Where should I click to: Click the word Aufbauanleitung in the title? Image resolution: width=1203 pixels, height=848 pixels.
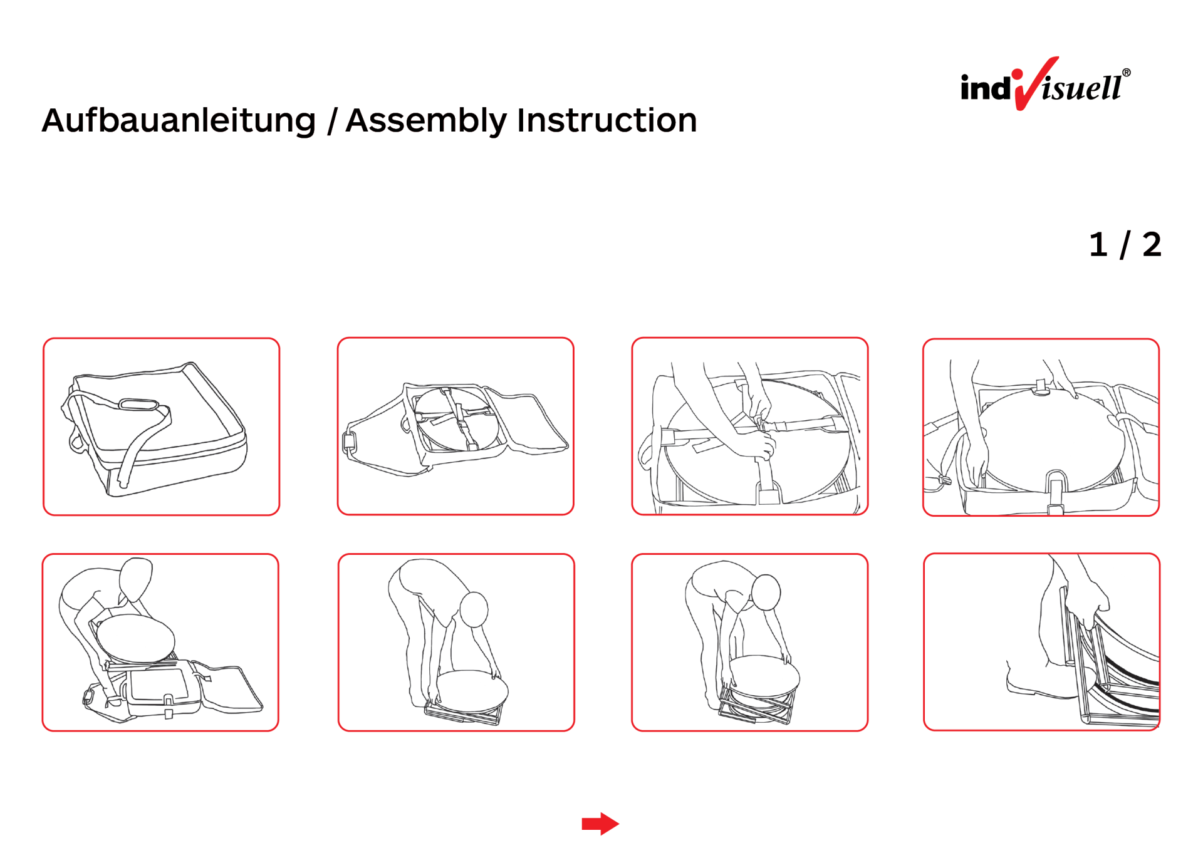[179, 121]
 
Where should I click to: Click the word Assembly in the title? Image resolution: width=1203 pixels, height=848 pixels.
[425, 121]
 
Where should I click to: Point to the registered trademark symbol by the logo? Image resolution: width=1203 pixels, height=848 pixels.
[1126, 73]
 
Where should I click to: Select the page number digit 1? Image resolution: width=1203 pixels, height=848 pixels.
[1098, 244]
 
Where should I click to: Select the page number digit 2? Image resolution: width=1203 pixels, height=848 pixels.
[1152, 244]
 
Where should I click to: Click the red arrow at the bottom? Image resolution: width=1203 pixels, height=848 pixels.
[600, 824]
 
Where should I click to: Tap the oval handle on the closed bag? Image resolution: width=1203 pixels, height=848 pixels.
[138, 404]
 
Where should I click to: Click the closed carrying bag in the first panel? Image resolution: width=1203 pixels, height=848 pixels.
[155, 430]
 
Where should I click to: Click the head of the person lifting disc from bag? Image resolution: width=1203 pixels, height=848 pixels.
[135, 579]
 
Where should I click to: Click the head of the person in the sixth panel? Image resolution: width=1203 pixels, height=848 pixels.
[474, 609]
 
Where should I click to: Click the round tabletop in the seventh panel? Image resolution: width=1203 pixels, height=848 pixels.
[764, 678]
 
